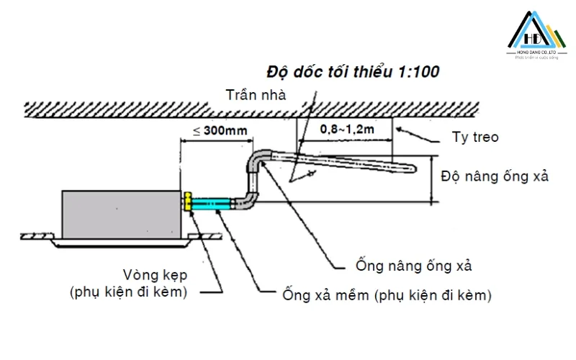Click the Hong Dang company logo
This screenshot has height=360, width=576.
pos(536,36)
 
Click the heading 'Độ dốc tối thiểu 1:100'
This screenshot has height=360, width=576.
pos(353,72)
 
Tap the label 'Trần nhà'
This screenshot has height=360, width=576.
pos(256,94)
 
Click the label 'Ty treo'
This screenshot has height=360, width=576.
pos(474,137)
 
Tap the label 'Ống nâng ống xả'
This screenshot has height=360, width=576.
pos(413,266)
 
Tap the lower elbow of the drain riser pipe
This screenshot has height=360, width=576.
pos(245,202)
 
